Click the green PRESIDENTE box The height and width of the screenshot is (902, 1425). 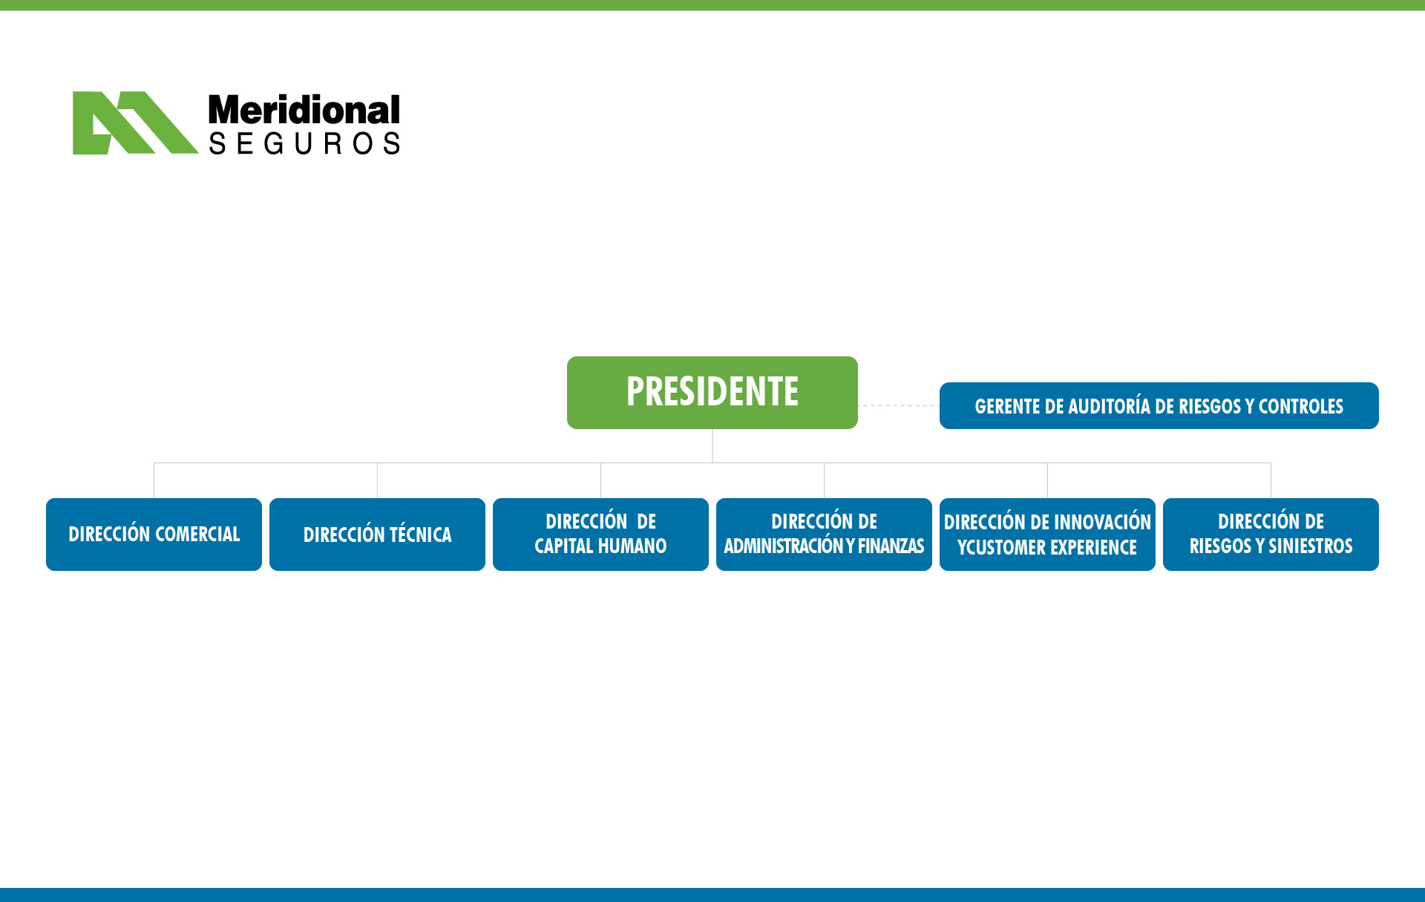712,392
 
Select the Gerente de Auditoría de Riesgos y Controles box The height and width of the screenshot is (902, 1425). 1159,405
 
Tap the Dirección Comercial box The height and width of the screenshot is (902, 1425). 154,535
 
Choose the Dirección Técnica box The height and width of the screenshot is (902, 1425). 377,535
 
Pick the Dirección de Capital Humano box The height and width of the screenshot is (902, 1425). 600,535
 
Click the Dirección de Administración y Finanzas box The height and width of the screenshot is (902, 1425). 824,535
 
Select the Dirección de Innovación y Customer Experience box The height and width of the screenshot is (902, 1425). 1047,535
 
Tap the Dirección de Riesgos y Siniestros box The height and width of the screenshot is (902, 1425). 1271,535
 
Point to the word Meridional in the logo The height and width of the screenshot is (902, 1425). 304,110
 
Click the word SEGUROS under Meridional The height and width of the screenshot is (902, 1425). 304,143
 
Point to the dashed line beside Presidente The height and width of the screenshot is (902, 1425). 899,406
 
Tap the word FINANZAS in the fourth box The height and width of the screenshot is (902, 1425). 891,546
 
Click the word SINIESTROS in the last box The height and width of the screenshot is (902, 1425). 1311,546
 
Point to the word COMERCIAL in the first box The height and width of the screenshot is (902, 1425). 197,535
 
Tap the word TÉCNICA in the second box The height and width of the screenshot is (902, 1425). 421,534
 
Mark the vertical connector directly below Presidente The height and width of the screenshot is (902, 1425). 712,445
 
